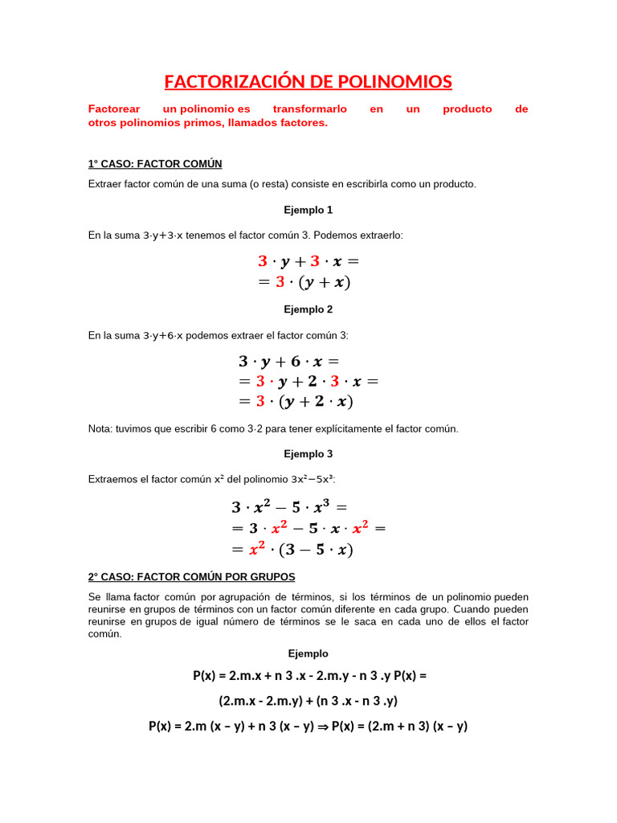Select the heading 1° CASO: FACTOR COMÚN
(154, 164)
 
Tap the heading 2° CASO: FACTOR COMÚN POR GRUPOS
(191, 577)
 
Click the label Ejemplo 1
(308, 210)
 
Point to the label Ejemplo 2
(308, 309)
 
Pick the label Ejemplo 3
(308, 454)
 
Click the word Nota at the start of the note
(100, 429)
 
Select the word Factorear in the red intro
(113, 109)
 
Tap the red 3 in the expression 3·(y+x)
(280, 282)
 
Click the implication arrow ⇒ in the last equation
(322, 727)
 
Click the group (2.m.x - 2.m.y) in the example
(260, 701)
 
